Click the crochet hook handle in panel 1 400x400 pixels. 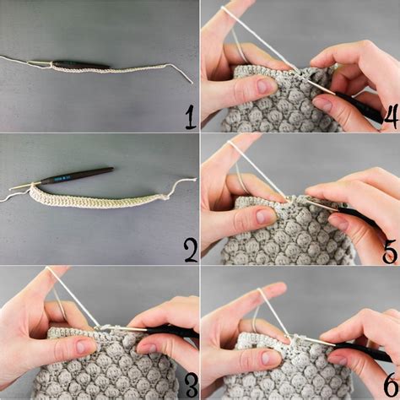pos(80,65)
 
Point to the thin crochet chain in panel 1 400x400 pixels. pos(135,68)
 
